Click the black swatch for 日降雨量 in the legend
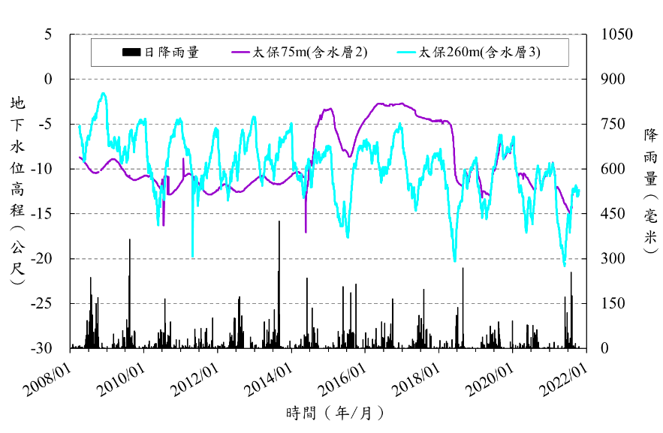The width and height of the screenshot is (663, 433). point(131,52)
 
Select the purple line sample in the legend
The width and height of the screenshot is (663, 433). point(240,52)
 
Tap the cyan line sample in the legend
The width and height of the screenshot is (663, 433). point(406,52)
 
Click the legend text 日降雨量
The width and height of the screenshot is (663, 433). point(171,52)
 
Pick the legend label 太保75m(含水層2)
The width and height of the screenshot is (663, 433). point(309,52)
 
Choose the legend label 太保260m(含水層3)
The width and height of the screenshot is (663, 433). point(479,52)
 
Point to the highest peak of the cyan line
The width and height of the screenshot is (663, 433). point(103,93)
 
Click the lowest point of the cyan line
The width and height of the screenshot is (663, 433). point(565,265)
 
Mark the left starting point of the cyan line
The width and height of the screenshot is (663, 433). point(79,125)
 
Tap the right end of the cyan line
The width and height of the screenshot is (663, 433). point(579,193)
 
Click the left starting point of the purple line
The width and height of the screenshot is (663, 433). point(79,157)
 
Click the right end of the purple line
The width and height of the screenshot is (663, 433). point(570,212)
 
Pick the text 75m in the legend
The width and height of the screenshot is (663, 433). point(291,52)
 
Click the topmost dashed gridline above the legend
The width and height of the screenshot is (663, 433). point(330,34)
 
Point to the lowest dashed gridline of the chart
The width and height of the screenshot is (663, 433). point(330,304)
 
